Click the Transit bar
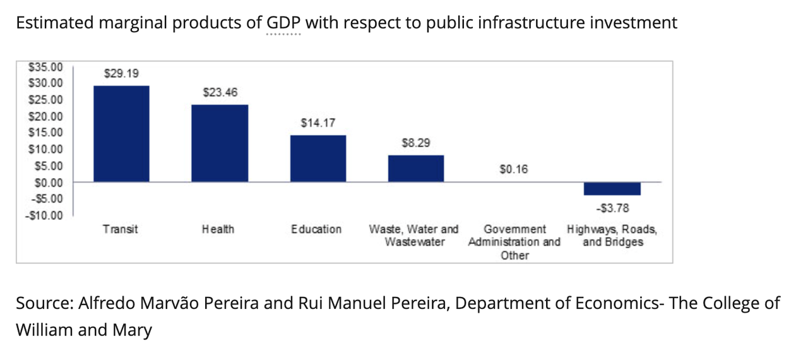[x=121, y=134]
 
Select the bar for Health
[x=220, y=143]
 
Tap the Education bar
[x=318, y=159]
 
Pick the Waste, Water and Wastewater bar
[x=415, y=169]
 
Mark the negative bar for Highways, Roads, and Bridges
[x=612, y=189]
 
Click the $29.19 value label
[x=121, y=73]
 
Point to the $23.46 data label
[x=220, y=92]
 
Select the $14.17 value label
[x=318, y=123]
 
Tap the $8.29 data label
[x=415, y=143]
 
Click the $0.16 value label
[x=513, y=169]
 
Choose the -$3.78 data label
[x=612, y=208]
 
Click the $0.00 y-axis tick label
[x=47, y=183]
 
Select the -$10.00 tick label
[x=45, y=215]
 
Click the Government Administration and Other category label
[x=514, y=242]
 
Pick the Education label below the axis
[x=316, y=229]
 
